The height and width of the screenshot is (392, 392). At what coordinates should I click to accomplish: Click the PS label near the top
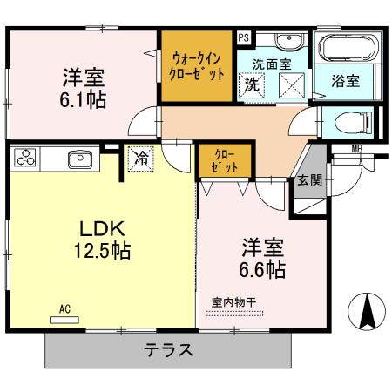click(x=243, y=37)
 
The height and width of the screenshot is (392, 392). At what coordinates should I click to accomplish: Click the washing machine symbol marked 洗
click(x=252, y=86)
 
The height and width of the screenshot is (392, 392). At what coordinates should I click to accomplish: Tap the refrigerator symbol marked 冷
click(x=140, y=158)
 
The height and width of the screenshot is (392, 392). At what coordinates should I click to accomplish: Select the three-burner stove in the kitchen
click(x=26, y=159)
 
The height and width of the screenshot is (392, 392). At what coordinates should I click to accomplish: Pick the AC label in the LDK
click(x=64, y=308)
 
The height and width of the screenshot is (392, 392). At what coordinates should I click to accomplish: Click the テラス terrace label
click(x=168, y=352)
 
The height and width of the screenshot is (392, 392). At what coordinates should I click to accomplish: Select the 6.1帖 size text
click(x=84, y=99)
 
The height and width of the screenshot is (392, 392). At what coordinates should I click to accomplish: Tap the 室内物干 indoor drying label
click(x=234, y=302)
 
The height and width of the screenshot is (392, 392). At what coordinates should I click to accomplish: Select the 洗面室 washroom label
click(x=270, y=64)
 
